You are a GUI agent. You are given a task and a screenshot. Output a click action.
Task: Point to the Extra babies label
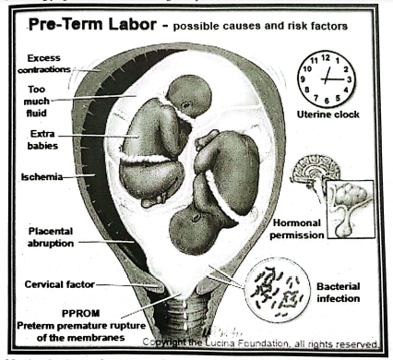click(42, 140)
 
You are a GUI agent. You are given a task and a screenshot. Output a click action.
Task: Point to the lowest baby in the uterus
click(196, 231)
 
